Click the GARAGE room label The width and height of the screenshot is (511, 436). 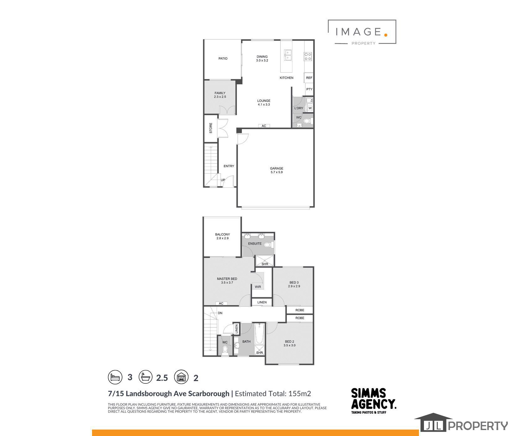coord(276,169)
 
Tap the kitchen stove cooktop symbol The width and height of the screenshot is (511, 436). coord(308,56)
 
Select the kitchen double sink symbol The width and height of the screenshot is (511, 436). coord(288,55)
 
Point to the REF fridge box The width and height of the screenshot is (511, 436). coord(309,78)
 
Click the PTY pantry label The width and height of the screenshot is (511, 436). coord(309,89)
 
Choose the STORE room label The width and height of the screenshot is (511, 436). coord(211,128)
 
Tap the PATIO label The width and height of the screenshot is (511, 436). coord(223,59)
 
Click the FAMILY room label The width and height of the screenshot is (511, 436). coord(220,93)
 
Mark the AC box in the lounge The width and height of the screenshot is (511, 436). coord(264,126)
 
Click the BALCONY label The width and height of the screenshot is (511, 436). coord(222,234)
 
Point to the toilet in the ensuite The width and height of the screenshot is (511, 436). coord(268,245)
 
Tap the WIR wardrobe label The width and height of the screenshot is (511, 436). coord(258,287)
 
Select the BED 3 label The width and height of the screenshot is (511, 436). coord(294,283)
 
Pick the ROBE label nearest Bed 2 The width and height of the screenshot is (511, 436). coord(300,318)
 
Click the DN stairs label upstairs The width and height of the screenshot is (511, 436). coord(220,313)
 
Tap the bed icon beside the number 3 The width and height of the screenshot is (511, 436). coord(115,377)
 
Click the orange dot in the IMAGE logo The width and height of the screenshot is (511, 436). coord(386,35)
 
